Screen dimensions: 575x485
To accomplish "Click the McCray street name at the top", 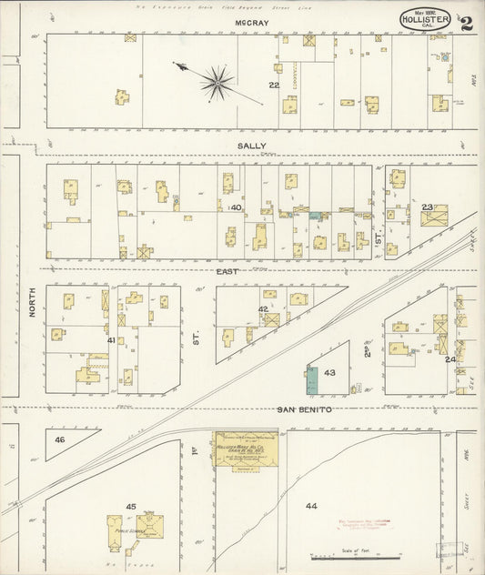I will [242, 21].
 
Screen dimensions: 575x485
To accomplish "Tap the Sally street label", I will [251, 146].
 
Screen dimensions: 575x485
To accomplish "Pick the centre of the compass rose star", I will [217, 83].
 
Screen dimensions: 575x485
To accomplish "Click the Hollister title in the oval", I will [426, 17].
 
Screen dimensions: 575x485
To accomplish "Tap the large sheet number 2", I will [467, 23].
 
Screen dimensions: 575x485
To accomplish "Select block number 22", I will [273, 85].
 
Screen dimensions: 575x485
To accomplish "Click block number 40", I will [236, 208].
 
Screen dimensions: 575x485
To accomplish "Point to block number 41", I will [111, 340].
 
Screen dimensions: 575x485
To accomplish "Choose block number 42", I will [263, 309].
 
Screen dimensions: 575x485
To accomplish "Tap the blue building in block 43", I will [312, 381].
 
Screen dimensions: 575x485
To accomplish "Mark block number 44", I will [312, 505].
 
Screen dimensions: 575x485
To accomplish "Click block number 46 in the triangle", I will [60, 440].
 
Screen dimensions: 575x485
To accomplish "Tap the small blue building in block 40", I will [315, 217].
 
